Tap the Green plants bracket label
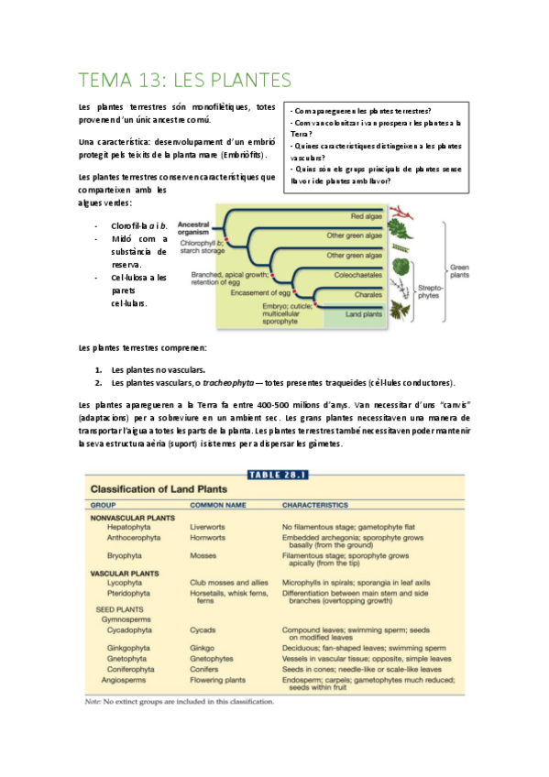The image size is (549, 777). (459, 272)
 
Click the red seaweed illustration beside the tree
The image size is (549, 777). (399, 223)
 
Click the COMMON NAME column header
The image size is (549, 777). (220, 504)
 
